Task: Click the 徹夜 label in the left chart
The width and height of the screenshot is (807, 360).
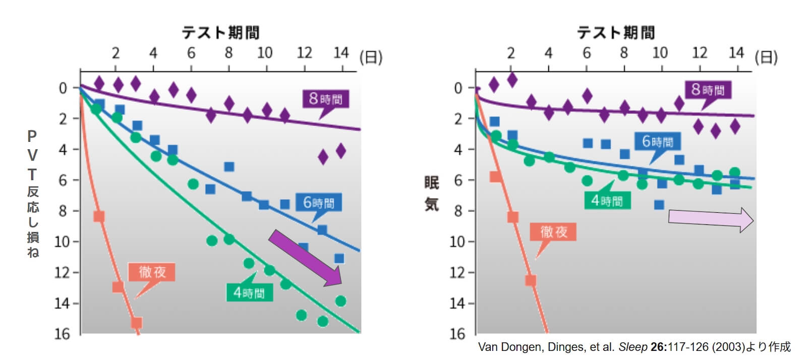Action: (x=152, y=272)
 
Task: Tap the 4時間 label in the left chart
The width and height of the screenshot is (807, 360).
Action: (x=249, y=292)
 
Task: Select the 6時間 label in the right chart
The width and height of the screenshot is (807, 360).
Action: (x=658, y=142)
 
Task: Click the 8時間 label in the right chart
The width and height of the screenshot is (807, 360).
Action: (x=708, y=90)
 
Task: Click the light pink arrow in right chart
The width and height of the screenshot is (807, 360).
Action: (x=710, y=219)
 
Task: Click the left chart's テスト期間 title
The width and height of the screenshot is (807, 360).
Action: (x=220, y=33)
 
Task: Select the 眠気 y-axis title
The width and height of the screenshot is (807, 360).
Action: (x=432, y=193)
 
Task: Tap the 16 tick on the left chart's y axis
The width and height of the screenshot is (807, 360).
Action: (x=62, y=334)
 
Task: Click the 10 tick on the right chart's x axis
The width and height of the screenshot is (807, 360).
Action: (x=660, y=53)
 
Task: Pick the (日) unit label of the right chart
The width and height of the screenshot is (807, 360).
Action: (x=766, y=57)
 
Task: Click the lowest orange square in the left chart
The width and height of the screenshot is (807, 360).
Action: (x=136, y=322)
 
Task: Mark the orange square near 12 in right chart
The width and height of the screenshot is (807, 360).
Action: (x=530, y=280)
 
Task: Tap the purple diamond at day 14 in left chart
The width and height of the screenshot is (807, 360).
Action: (x=341, y=150)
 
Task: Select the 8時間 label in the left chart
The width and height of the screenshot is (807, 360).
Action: (x=325, y=98)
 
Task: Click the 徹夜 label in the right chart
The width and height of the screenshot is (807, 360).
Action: (x=553, y=232)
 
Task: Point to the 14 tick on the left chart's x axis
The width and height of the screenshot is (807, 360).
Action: (x=341, y=53)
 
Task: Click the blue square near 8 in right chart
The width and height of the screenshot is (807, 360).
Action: (x=659, y=205)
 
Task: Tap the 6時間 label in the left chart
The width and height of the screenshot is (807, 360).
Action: (x=319, y=203)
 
